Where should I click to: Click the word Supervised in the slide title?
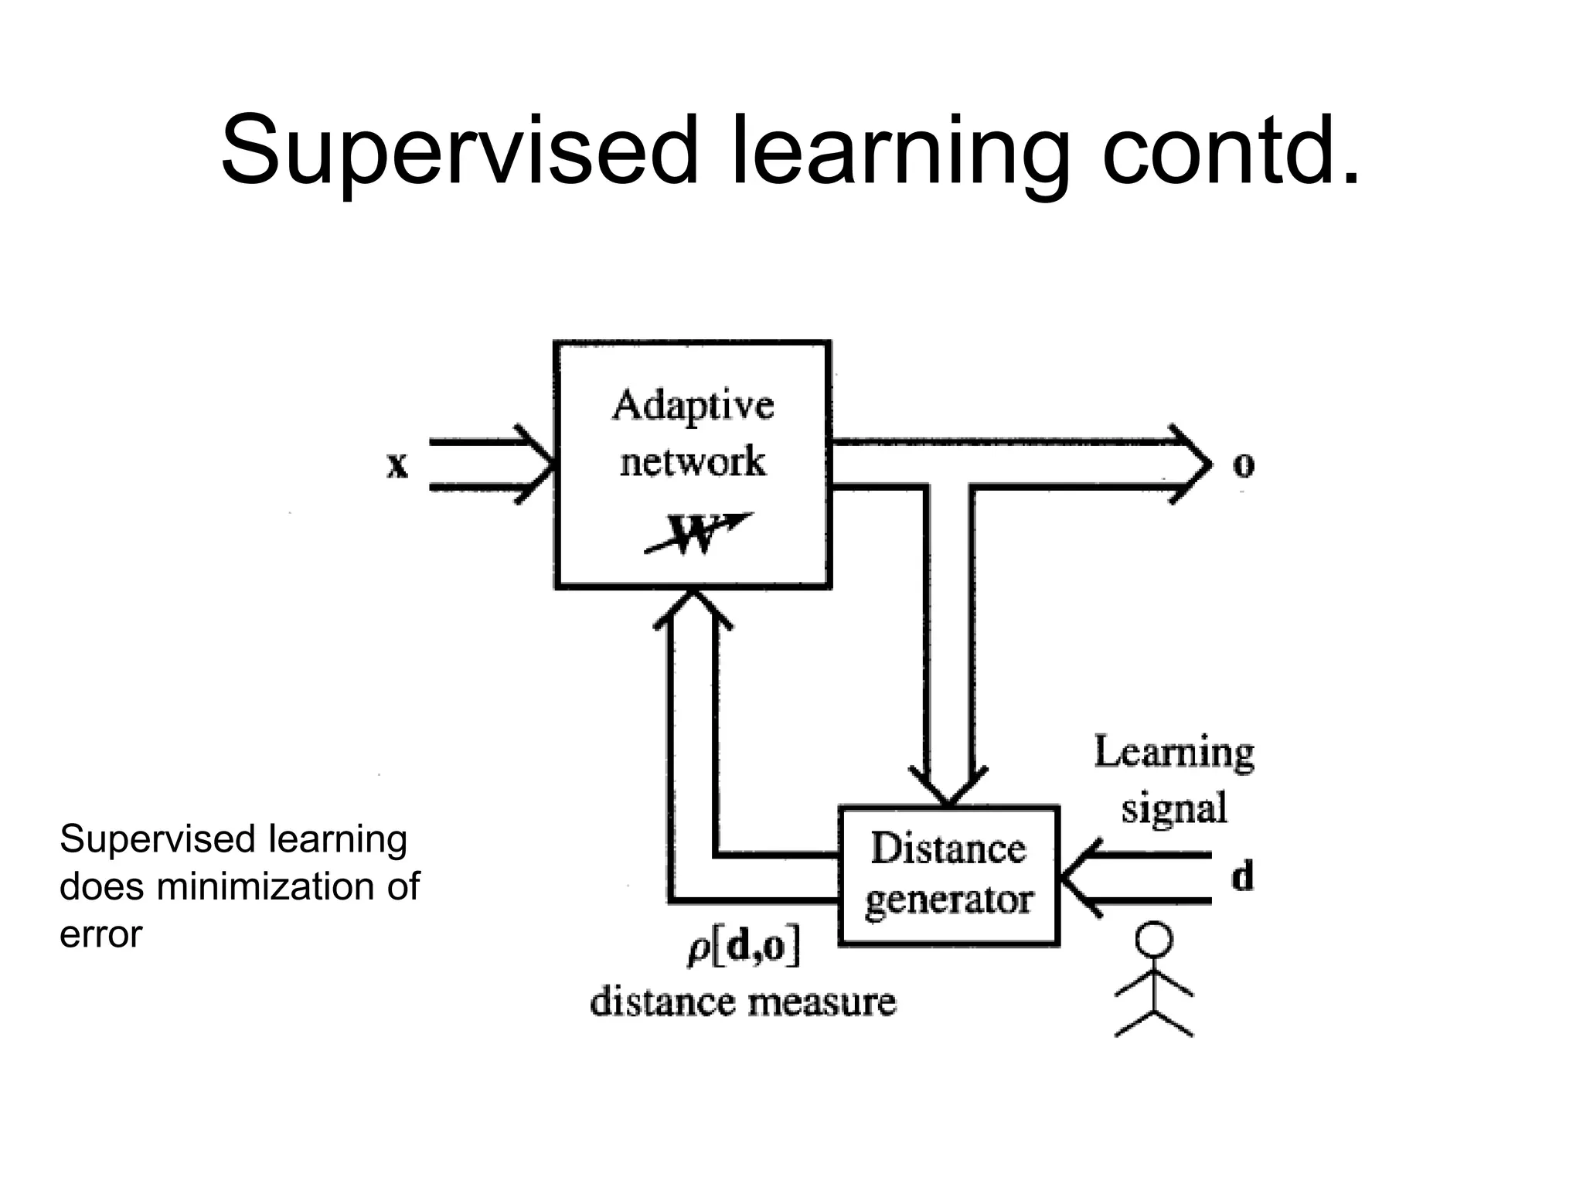459,151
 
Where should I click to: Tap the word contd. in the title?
1231,151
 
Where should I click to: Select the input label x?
397,465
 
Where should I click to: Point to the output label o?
1243,464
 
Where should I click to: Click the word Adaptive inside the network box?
693,406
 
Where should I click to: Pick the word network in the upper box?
693,461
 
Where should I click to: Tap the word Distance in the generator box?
948,849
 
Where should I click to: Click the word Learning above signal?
1173,752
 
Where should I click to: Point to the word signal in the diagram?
1173,808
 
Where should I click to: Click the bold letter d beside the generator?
1242,877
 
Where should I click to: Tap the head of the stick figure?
1153,940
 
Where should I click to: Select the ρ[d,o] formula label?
744,948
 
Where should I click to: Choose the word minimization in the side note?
267,886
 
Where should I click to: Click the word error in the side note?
100,934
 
